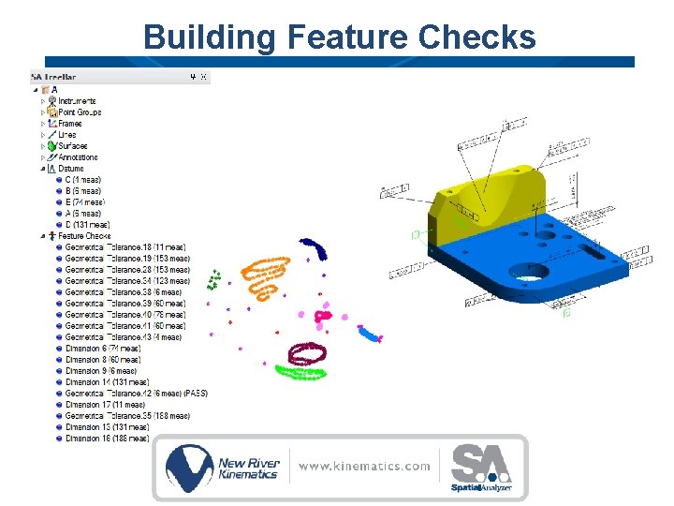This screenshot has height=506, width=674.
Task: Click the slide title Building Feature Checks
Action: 339,37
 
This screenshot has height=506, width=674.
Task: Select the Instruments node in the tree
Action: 78,101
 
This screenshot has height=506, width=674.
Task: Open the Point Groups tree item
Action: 80,112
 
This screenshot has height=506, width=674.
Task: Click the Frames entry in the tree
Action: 70,124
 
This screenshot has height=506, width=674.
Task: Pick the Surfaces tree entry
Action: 72,146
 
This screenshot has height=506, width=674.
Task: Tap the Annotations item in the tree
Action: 79,157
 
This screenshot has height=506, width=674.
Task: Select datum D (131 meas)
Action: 87,225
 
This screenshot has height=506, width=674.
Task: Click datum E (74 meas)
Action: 85,202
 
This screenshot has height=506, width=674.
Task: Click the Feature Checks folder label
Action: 84,236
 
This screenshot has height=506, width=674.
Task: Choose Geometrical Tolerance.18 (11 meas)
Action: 126,247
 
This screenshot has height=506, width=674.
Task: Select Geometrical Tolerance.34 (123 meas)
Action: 127,281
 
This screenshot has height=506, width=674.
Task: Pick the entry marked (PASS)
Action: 136,394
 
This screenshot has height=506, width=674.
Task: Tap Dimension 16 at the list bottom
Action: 107,439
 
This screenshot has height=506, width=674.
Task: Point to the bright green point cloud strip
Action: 300,373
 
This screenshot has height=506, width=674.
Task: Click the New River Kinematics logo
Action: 223,468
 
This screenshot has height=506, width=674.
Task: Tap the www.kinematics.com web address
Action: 365,466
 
